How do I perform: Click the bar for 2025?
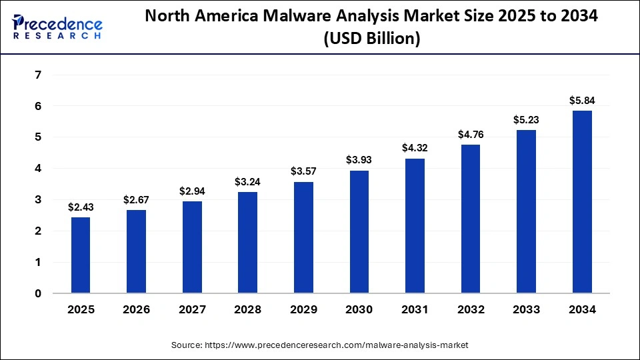pyautogui.click(x=81, y=255)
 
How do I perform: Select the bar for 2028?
pyautogui.click(x=248, y=243)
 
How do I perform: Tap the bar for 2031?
pyautogui.click(x=415, y=226)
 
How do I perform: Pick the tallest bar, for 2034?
pyautogui.click(x=582, y=202)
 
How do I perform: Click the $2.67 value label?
pyautogui.click(x=137, y=200)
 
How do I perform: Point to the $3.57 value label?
pyautogui.click(x=303, y=172)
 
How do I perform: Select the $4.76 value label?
pyautogui.click(x=471, y=135)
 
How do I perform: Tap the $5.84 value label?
pyautogui.click(x=582, y=101)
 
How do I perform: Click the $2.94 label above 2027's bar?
pyautogui.click(x=192, y=191)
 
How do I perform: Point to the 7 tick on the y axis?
pyautogui.click(x=38, y=75)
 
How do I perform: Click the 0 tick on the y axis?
pyautogui.click(x=38, y=293)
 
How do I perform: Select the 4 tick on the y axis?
pyautogui.click(x=38, y=169)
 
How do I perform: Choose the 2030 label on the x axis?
pyautogui.click(x=359, y=309)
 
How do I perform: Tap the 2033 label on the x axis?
pyautogui.click(x=526, y=309)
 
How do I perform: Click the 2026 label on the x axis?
pyautogui.click(x=137, y=309)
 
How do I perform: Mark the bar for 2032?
pyautogui.click(x=471, y=219)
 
